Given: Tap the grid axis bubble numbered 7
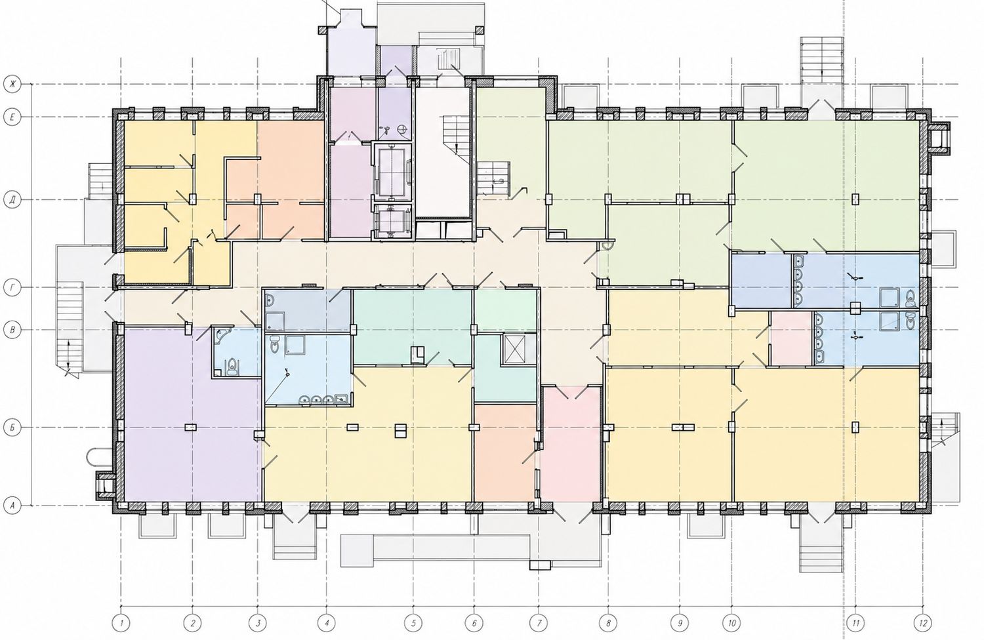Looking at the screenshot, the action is [x=539, y=622].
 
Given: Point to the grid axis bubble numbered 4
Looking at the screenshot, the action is [x=327, y=622].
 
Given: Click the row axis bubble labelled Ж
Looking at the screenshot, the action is [x=12, y=84].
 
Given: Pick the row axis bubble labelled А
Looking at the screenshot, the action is [x=12, y=506].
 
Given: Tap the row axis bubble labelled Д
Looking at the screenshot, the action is [x=12, y=200].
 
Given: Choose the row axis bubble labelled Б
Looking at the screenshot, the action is [x=12, y=428].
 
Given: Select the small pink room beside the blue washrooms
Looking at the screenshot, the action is [x=791, y=338].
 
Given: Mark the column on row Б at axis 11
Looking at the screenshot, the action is [x=855, y=427].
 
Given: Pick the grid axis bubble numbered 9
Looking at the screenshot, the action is [x=680, y=622].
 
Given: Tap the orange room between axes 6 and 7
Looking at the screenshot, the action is [x=506, y=452].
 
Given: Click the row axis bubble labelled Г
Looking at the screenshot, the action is [x=12, y=288].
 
